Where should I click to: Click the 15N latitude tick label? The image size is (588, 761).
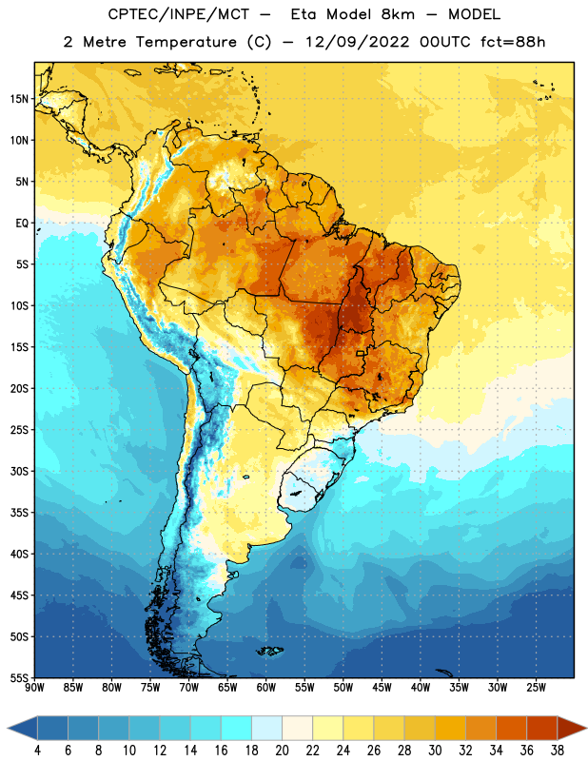pos(19,99)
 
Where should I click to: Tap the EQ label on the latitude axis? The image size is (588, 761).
pos(22,224)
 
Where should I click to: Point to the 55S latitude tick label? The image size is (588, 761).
pos(19,678)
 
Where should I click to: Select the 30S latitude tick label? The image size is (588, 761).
pos(19,471)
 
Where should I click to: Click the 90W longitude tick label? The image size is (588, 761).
pos(35,688)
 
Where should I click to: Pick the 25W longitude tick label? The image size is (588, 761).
pos(536,688)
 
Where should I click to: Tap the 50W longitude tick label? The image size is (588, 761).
pos(343,688)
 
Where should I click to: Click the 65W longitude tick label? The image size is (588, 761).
pos(227,688)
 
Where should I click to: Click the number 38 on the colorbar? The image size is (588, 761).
pos(558,751)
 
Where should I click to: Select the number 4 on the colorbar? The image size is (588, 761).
pos(37,751)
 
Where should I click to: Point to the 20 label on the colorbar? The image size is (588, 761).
pos(282,751)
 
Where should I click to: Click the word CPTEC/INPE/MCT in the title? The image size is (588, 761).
pos(179,14)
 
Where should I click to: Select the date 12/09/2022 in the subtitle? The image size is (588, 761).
pos(358,42)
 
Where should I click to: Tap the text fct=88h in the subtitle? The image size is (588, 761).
pos(513,42)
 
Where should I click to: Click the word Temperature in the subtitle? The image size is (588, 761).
pos(186,42)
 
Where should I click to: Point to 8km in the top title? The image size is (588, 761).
pos(398,14)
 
